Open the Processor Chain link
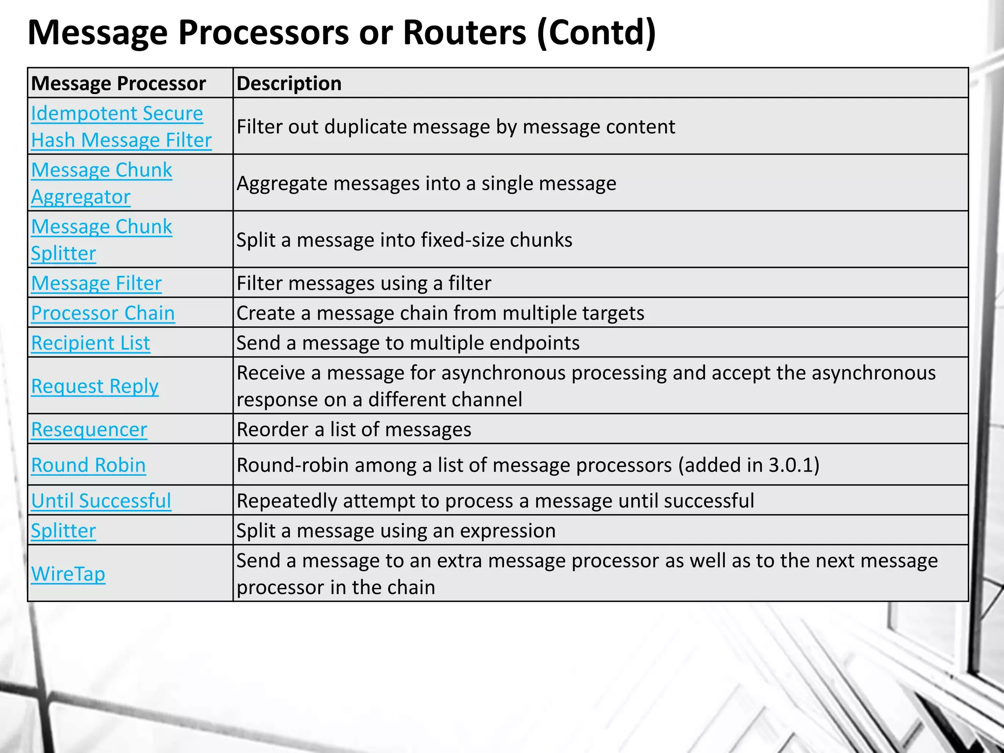pyautogui.click(x=103, y=313)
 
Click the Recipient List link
pyautogui.click(x=91, y=343)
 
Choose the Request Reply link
pyautogui.click(x=95, y=386)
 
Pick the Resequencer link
pyautogui.click(x=89, y=430)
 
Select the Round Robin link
pyautogui.click(x=88, y=465)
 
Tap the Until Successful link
pyautogui.click(x=101, y=501)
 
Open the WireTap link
pyautogui.click(x=68, y=574)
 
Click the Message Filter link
pyautogui.click(x=96, y=283)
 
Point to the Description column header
pyautogui.click(x=289, y=83)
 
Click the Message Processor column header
pyautogui.click(x=118, y=83)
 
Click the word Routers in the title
pyautogui.click(x=464, y=32)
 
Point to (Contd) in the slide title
pyautogui.click(x=596, y=32)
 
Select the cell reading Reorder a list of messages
pyautogui.click(x=353, y=430)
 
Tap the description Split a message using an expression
pyautogui.click(x=396, y=531)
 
